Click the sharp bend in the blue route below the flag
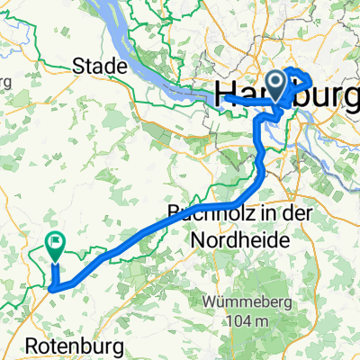coord(52,288)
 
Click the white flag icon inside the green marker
coord(57,242)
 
